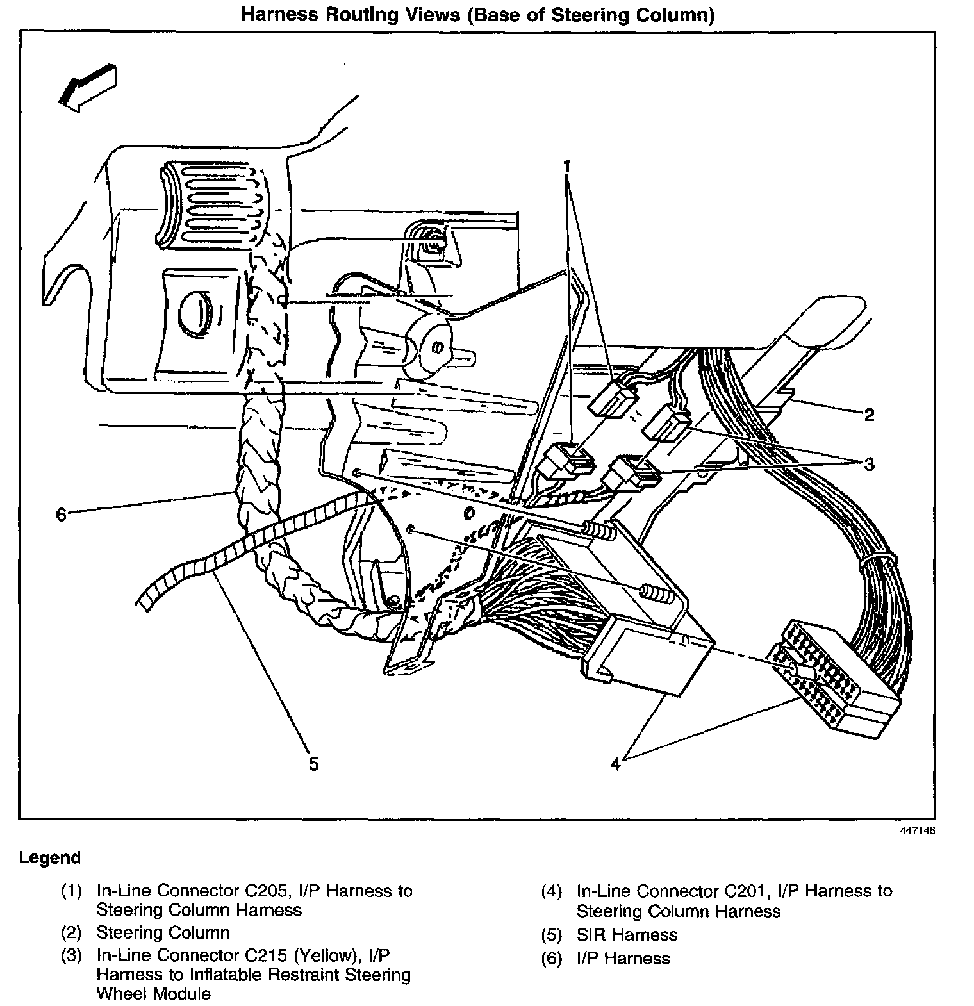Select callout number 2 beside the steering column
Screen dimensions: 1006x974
coord(869,415)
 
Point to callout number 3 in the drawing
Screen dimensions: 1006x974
coord(869,464)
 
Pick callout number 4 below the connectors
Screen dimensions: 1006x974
coord(615,764)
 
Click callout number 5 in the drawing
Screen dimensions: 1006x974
coord(313,764)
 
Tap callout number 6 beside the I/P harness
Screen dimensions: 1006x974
coord(61,515)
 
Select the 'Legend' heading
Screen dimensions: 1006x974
coord(50,857)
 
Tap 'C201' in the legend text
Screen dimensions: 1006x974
coord(743,891)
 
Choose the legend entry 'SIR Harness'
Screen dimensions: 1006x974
coord(627,935)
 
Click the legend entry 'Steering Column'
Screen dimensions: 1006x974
coord(163,932)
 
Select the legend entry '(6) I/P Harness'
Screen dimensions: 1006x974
coord(606,959)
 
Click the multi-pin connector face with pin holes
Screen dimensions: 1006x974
coord(814,673)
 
